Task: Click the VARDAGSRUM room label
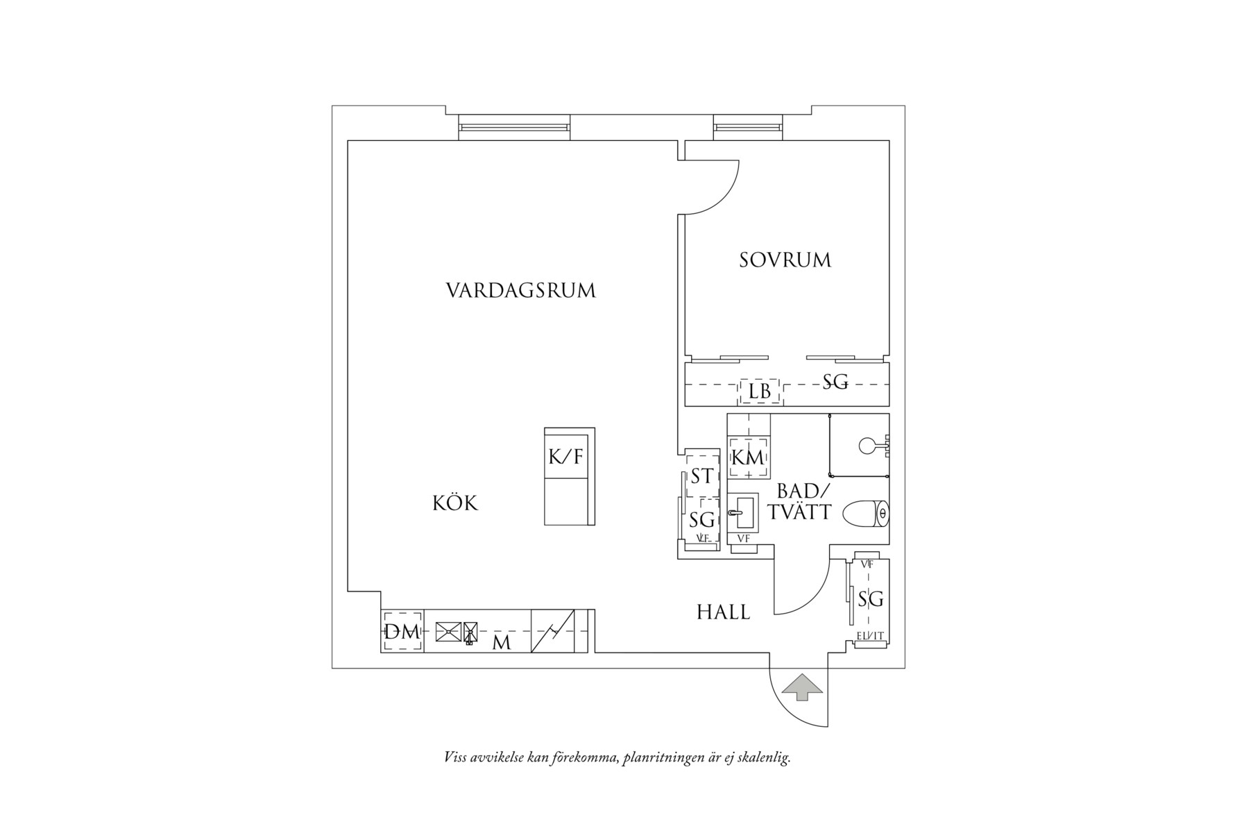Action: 520,290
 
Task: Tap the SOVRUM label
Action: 785,260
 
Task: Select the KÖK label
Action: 455,503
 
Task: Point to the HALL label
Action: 723,612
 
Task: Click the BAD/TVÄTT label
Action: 803,502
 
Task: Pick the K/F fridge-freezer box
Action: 566,456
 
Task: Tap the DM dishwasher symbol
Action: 402,632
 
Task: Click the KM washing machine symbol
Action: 748,457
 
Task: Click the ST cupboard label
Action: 701,476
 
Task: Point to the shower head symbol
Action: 868,445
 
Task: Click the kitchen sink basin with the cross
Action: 448,632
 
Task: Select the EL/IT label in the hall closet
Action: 870,635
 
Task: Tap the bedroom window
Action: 748,128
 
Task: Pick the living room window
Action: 514,128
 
